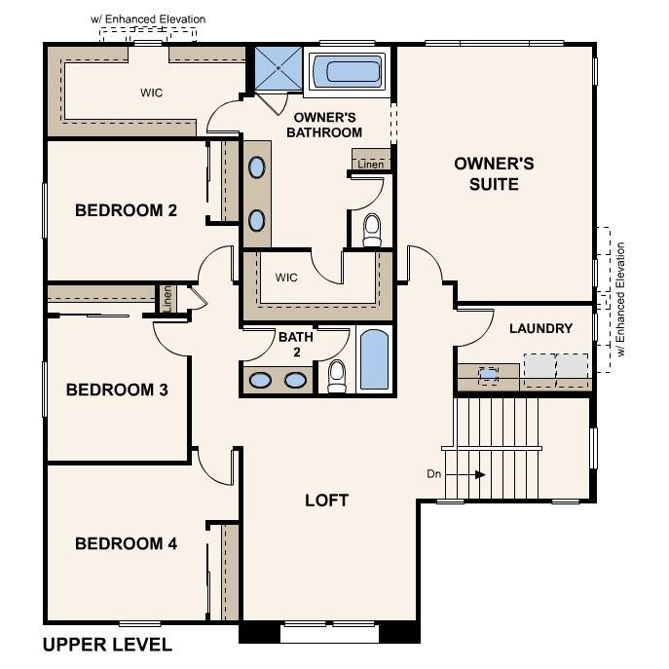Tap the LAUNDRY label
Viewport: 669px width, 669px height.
(540, 328)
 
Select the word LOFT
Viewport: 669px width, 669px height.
(326, 501)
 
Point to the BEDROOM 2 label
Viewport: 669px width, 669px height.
(126, 209)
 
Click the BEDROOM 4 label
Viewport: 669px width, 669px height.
(126, 543)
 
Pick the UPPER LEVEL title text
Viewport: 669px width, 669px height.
(108, 645)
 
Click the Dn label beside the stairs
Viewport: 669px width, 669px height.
(434, 474)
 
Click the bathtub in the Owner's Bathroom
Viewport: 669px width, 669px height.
(348, 71)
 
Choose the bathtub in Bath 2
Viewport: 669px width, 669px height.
(374, 360)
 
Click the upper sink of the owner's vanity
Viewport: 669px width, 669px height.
(256, 167)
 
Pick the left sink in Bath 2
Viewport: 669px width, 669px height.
(261, 380)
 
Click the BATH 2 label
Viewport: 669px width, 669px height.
(295, 345)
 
